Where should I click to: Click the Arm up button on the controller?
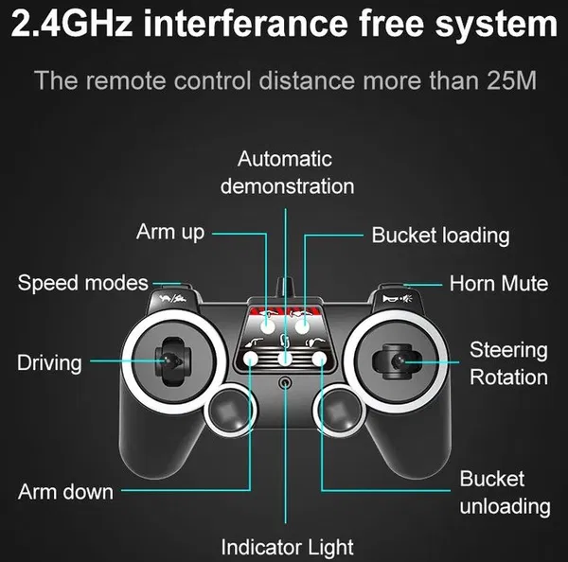(x=268, y=326)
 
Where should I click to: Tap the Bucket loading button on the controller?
(x=302, y=326)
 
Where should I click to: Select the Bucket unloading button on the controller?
(x=319, y=359)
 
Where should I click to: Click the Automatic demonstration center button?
(x=285, y=359)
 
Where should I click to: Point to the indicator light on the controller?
(x=286, y=382)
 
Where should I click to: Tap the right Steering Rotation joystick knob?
(x=398, y=361)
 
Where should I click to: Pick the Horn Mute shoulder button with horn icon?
(x=397, y=298)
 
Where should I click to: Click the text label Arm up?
(x=170, y=233)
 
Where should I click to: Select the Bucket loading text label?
(x=440, y=236)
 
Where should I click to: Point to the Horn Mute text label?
(x=499, y=284)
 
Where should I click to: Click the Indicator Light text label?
(x=287, y=547)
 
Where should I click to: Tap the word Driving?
(x=49, y=363)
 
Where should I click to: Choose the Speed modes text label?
(x=83, y=283)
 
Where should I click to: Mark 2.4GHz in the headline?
(x=72, y=24)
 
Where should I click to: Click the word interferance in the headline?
(x=245, y=24)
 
